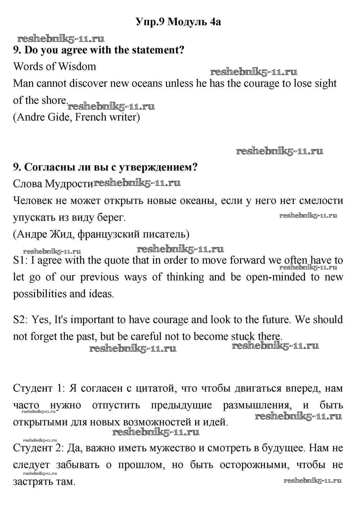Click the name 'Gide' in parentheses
(x=60, y=117)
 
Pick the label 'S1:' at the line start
(x=20, y=260)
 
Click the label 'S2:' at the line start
(x=21, y=320)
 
